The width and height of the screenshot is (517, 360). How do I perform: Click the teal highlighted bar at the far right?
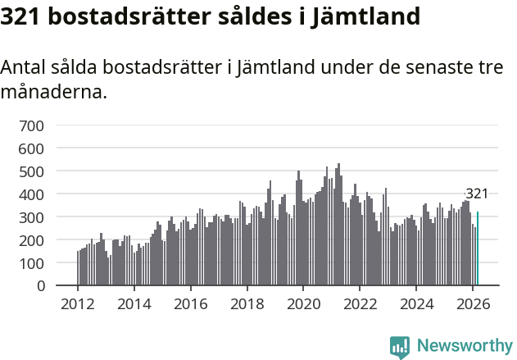pos(478,249)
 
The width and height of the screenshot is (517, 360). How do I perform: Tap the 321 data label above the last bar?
pos(477,194)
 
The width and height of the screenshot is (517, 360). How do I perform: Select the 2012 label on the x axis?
pos(78,303)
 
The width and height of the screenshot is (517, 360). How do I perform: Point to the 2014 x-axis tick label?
pos(134,303)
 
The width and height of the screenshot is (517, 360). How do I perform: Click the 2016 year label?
pos(191,303)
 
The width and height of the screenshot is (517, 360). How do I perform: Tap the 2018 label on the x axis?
pos(247,303)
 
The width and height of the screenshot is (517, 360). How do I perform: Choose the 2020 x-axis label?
pos(303,303)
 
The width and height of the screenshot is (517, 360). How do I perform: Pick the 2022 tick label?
pos(360,303)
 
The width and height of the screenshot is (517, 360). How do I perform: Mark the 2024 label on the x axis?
pos(416,303)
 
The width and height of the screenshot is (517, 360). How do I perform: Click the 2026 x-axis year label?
pos(473,303)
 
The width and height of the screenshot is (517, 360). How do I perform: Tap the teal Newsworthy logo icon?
pos(400,347)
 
